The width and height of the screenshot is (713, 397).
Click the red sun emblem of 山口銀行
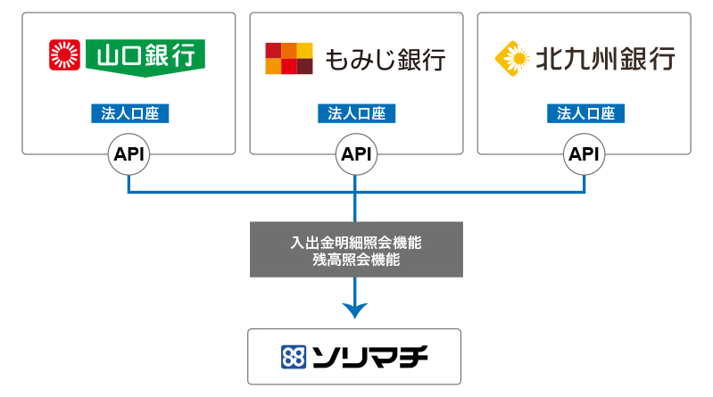pos(64,55)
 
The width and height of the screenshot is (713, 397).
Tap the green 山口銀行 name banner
pos(145,57)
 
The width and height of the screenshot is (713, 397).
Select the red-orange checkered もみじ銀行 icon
pos(289,58)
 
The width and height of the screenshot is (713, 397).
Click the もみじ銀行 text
pos(386,60)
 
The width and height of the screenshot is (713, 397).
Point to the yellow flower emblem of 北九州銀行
pos(512,58)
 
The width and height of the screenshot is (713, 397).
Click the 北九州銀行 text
pos(605,59)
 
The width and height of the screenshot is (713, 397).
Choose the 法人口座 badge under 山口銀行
pos(130,113)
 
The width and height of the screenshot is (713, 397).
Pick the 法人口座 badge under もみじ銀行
pos(357,113)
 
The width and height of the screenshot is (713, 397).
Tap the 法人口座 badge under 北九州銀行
pos(585,113)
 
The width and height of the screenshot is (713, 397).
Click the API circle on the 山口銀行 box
pos(129,154)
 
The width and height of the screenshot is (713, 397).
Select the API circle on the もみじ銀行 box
pos(357,154)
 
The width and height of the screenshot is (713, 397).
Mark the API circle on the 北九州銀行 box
pos(584,154)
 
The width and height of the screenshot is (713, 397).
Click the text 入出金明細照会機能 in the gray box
pos(356,243)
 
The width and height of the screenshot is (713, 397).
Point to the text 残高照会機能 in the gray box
pos(356,260)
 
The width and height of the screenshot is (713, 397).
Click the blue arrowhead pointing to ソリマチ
pos(355,310)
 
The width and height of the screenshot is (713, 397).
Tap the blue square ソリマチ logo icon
pos(294,357)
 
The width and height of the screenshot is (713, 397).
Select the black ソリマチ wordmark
pos(370,357)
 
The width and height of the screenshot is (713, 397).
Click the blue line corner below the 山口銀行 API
pos(129,193)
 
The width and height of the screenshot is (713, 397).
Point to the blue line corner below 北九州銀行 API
pos(584,193)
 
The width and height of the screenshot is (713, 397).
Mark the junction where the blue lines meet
pos(355,193)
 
